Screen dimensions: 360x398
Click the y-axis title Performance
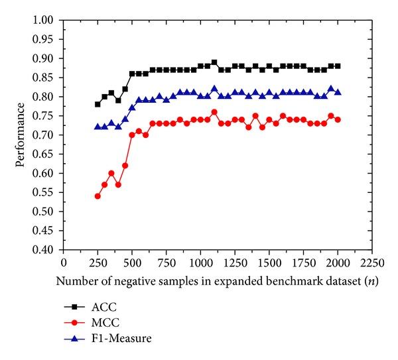[23, 135]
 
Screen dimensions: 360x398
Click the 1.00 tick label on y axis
[44, 20]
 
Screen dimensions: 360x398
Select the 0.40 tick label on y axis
[44, 251]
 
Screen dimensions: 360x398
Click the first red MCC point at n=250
[98, 196]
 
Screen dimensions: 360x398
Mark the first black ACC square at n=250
[98, 104]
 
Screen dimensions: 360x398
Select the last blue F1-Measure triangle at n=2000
[338, 92]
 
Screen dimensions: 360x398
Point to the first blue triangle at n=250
[98, 127]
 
